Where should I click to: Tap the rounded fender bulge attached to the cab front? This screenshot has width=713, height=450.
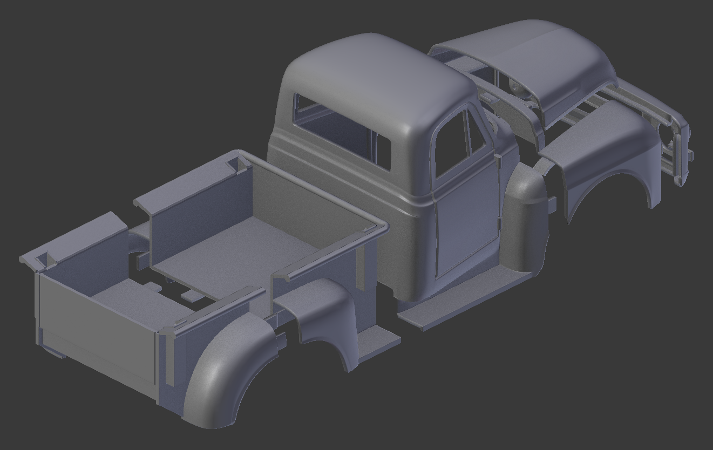coord(526,216)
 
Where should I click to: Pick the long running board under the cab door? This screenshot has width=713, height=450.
coord(464,302)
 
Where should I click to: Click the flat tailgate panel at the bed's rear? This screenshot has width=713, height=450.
coord(97,329)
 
